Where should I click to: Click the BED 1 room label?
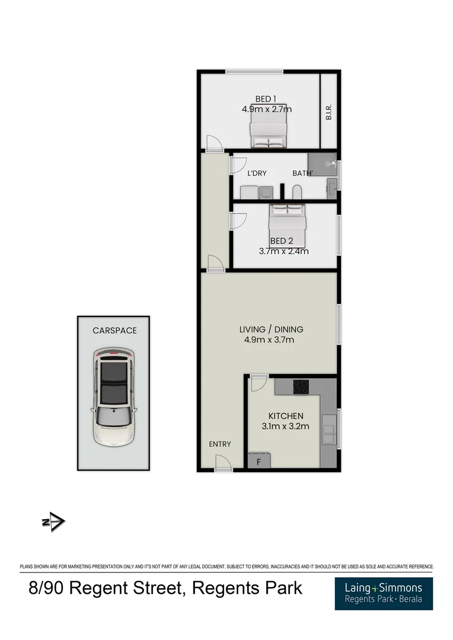point(266,99)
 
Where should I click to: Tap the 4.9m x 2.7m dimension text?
point(266,109)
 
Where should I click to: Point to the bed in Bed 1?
point(269,131)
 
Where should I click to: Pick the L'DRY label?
point(257,174)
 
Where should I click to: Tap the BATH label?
point(302,174)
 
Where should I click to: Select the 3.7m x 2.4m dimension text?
point(283,251)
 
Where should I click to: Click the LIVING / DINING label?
point(271,329)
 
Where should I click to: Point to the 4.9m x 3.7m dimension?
point(269,340)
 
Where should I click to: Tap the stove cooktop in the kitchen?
point(301,387)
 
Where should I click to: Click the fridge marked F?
point(259,460)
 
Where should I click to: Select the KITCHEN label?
point(286,416)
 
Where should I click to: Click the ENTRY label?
point(219,444)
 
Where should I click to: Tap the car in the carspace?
point(113,397)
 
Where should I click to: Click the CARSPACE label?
point(114,331)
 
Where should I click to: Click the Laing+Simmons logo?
point(383,593)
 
